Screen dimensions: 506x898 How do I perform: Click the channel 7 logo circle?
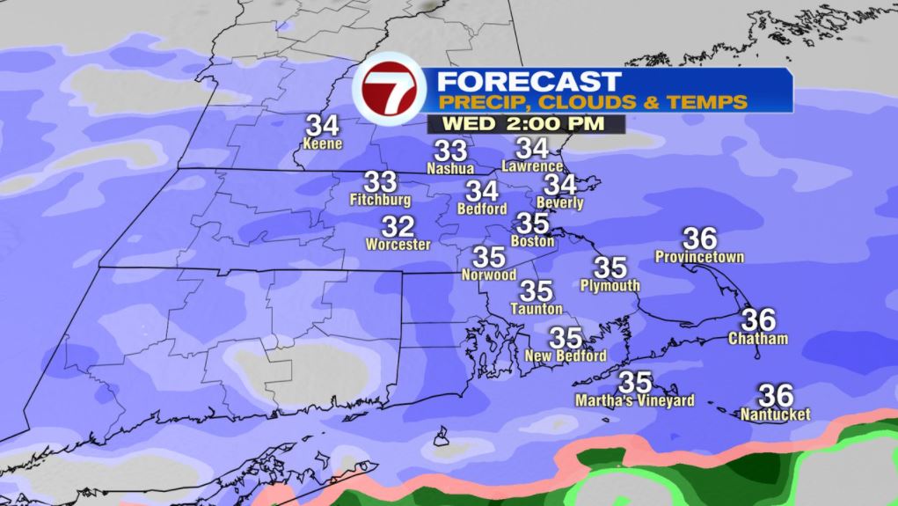(390, 91)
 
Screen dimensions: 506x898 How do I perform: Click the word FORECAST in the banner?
(529, 81)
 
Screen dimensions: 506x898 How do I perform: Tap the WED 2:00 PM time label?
(523, 123)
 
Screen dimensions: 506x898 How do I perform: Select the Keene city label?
(321, 144)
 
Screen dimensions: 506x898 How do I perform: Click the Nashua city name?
(450, 168)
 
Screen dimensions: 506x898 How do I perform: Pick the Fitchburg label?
(380, 200)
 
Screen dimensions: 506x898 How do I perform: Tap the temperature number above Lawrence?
(532, 148)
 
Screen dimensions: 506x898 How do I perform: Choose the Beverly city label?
(559, 203)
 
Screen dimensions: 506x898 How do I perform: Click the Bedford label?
(482, 209)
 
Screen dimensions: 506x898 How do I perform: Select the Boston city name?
(533, 241)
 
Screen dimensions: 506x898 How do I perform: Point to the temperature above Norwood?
(489, 257)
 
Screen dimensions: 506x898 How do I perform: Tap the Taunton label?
(537, 309)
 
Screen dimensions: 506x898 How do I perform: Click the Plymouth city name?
(610, 286)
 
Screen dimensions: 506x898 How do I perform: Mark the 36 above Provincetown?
(700, 238)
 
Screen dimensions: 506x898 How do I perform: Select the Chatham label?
(757, 339)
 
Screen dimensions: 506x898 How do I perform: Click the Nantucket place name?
(775, 414)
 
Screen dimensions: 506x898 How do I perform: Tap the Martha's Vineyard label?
(634, 401)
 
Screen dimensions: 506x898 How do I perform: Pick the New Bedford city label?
(565, 356)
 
